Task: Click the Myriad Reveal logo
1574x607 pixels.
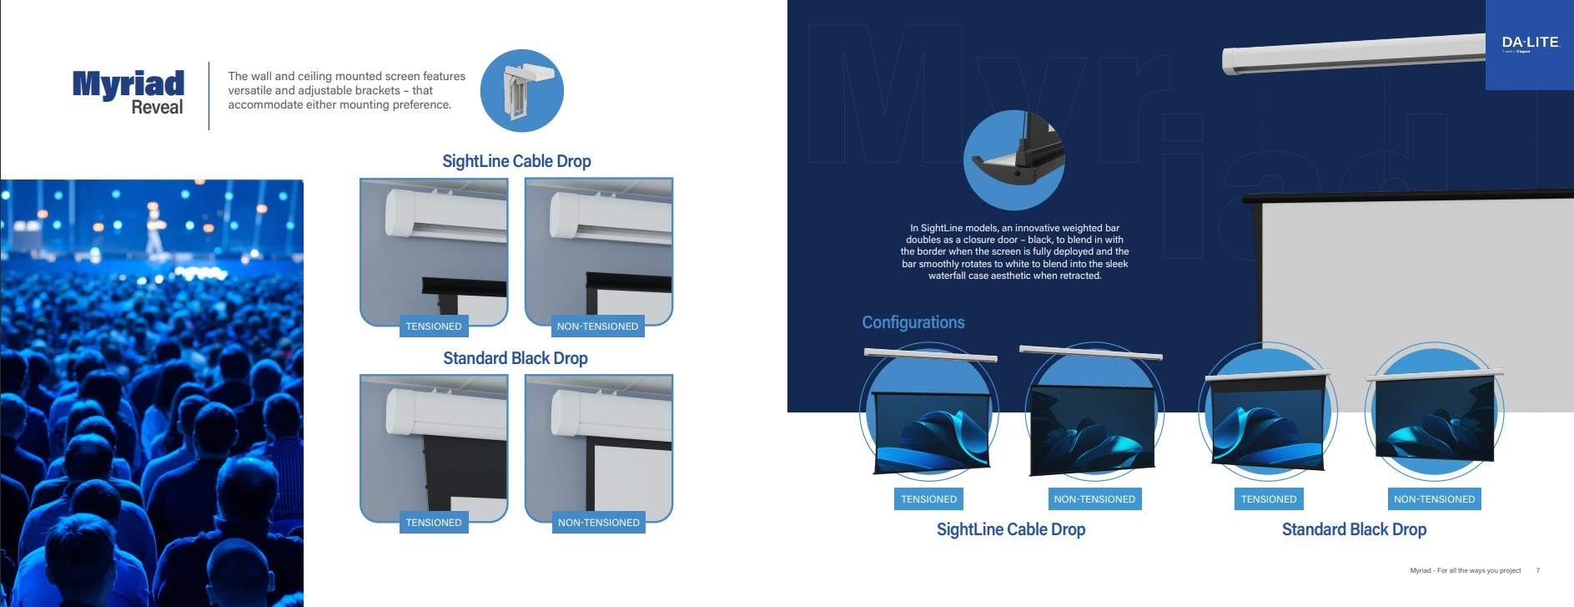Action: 128,92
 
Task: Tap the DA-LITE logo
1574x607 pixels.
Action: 1530,43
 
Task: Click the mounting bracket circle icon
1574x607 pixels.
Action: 522,91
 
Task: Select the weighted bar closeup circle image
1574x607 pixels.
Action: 1013,160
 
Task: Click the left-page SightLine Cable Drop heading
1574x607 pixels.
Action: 516,161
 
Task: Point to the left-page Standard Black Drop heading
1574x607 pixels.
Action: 515,358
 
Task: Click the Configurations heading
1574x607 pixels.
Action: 913,322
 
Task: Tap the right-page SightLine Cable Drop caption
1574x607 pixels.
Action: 1010,529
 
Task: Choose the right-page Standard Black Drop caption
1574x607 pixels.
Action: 1354,529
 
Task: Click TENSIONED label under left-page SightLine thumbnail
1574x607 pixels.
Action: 434,326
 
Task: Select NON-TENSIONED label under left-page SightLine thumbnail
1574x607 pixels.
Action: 597,326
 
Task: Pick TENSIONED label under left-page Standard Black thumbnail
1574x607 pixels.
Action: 434,523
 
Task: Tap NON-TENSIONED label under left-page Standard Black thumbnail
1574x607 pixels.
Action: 599,523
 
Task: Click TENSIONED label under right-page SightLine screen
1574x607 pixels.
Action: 928,499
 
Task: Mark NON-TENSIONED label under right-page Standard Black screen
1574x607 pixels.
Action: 1434,499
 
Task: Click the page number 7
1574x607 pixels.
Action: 1538,571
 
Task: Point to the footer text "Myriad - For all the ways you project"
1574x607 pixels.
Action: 1465,571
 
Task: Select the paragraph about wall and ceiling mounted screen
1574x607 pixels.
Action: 346,90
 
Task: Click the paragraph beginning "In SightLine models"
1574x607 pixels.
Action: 1014,251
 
